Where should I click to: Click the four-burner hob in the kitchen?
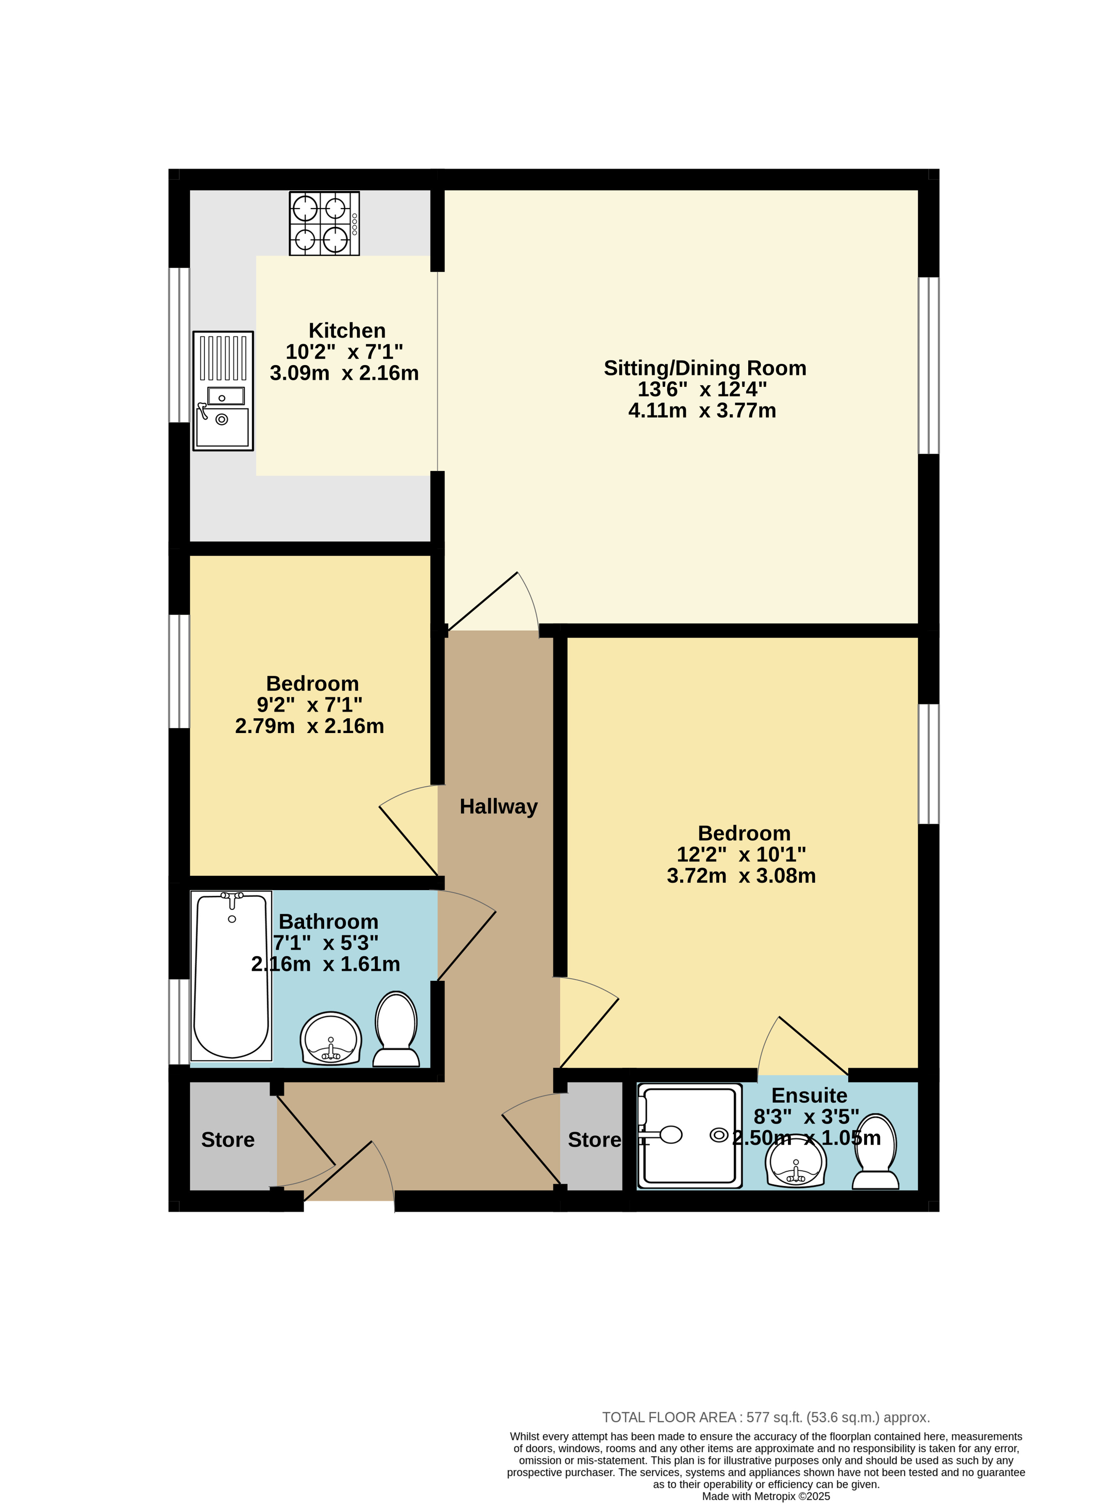click(x=325, y=223)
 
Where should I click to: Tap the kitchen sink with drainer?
click(x=223, y=391)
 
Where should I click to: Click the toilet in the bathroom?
click(x=396, y=1029)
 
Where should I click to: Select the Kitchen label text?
click(x=347, y=330)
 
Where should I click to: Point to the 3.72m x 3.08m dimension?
click(x=741, y=876)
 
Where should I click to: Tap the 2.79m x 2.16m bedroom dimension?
click(x=309, y=726)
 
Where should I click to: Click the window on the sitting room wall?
click(x=929, y=366)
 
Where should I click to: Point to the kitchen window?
click(x=179, y=345)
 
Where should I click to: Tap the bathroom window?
click(x=179, y=1022)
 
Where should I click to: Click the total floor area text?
click(x=766, y=1417)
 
